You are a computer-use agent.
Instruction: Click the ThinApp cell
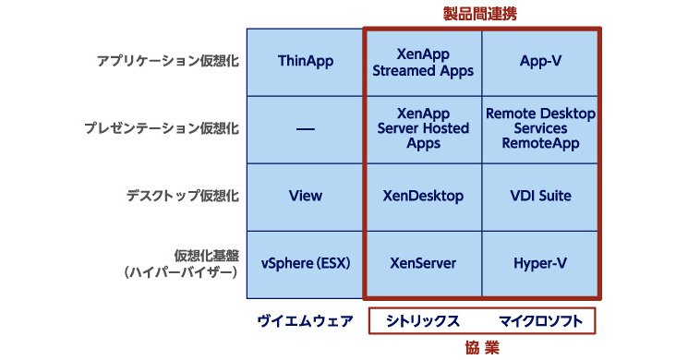point(306,62)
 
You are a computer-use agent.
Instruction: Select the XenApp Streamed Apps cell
point(423,62)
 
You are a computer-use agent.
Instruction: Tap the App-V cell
point(540,62)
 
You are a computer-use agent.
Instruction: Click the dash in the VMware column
point(306,129)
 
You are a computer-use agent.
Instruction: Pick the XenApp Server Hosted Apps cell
point(423,130)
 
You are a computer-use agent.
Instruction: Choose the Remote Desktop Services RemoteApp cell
point(540,130)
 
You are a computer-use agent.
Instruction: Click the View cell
point(306,198)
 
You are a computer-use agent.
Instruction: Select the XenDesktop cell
point(423,198)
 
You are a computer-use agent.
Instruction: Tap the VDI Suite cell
point(540,198)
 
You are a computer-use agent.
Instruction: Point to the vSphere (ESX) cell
point(306,265)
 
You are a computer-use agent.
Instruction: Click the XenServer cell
point(423,265)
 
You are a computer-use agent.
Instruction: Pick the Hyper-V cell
point(540,265)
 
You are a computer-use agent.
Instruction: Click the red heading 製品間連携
point(479,14)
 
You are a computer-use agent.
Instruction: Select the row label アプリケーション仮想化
point(168,61)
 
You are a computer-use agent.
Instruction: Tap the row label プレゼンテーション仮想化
point(162,128)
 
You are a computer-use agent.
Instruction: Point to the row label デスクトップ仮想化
point(183,195)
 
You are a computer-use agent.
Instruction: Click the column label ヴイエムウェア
point(305,321)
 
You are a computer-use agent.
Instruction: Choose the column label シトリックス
point(423,321)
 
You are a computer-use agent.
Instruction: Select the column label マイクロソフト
point(540,321)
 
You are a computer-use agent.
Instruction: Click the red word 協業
point(482,348)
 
